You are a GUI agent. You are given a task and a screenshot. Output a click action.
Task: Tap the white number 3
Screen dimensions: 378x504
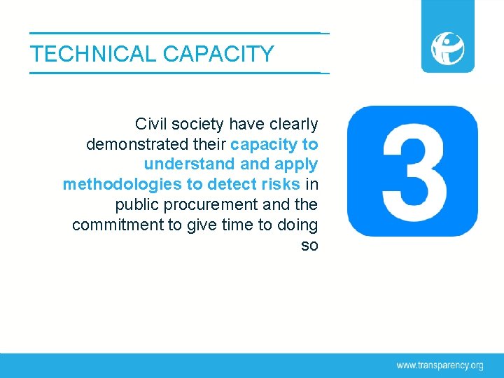click(x=414, y=171)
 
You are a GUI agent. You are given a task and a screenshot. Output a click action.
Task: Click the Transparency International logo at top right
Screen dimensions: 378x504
click(x=447, y=47)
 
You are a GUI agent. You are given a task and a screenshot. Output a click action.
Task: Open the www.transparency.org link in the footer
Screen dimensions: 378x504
click(x=440, y=365)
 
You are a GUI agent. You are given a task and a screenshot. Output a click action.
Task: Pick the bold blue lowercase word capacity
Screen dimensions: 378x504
click(x=263, y=145)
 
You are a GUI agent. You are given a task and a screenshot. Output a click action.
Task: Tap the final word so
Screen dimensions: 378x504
click(x=309, y=246)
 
